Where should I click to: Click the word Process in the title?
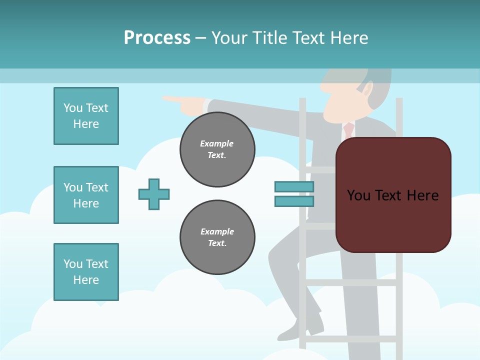[x=157, y=37]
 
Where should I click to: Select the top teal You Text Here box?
[x=86, y=116]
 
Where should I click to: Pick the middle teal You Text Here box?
[x=86, y=195]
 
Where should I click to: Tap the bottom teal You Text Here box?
[x=86, y=272]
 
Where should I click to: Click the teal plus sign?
[x=154, y=194]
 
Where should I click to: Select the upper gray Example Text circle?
[x=217, y=149]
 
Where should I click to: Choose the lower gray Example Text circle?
[x=217, y=237]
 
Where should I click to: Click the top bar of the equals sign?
[x=294, y=186]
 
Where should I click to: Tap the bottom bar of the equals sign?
[x=294, y=201]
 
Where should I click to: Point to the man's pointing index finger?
[x=172, y=99]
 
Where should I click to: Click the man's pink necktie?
[x=348, y=130]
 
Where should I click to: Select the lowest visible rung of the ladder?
[x=350, y=339]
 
